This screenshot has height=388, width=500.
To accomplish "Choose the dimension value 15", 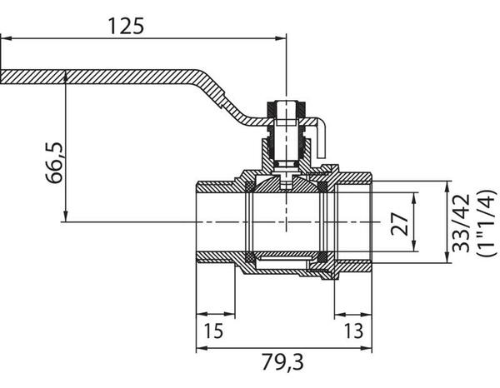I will pyautogui.click(x=213, y=331).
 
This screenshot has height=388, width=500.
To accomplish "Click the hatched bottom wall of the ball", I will pyautogui.click(x=283, y=260).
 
